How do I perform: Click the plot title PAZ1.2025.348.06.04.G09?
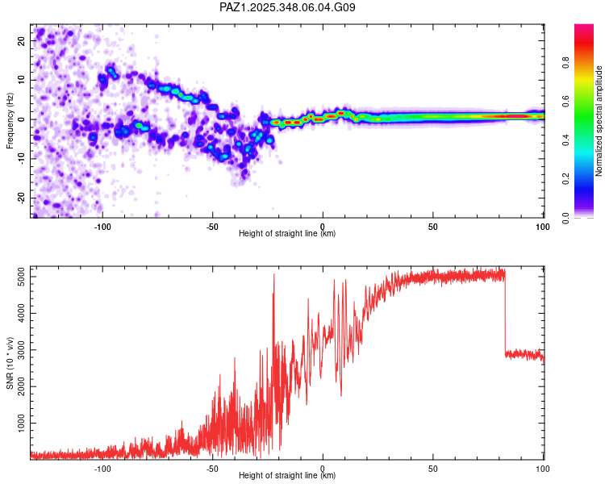point(287,7)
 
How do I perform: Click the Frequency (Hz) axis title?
point(10,121)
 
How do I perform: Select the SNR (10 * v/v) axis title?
point(10,363)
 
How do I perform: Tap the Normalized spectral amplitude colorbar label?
point(599,121)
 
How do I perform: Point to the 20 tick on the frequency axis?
point(22,40)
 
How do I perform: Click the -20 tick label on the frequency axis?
point(22,198)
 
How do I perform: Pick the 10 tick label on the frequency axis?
point(22,80)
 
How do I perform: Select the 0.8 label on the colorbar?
point(566,63)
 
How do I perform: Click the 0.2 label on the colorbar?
point(566,179)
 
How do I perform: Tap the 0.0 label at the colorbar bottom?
point(566,218)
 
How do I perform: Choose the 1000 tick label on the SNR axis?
point(22,423)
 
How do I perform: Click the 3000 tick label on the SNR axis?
point(22,350)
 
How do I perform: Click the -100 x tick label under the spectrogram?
point(102,227)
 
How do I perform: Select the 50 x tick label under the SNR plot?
point(433,469)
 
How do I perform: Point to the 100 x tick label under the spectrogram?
point(543,227)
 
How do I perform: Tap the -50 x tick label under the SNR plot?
point(212,469)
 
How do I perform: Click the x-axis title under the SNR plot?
point(287,475)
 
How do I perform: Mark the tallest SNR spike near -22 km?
point(274,275)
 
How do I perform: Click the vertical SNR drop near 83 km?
point(505,315)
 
